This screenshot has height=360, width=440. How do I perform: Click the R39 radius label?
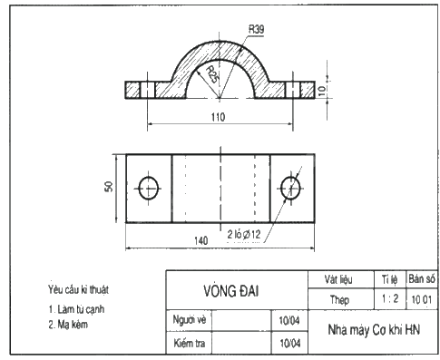tap(256, 29)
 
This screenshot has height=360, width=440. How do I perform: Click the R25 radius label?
tap(211, 74)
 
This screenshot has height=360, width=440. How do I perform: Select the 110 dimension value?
tap(219, 117)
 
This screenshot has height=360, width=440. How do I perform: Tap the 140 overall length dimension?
tap(201, 240)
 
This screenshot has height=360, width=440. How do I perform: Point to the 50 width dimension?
tap(109, 186)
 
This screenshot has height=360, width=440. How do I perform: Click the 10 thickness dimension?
tap(322, 90)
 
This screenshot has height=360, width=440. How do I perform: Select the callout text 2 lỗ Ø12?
tap(244, 234)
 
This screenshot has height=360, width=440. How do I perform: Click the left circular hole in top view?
tap(149, 188)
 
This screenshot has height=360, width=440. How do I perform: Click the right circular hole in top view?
tap(290, 188)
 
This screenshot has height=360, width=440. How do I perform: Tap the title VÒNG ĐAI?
tap(231, 291)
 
